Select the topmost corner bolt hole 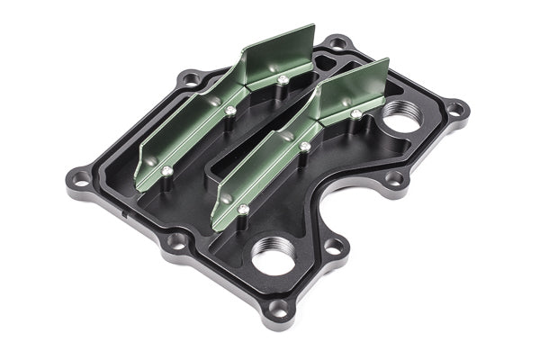(x=336, y=42)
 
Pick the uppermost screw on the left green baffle (x=283, y=80)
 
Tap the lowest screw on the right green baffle (x=243, y=210)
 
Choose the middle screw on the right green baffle (x=305, y=146)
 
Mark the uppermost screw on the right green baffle (x=356, y=114)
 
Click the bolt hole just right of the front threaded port (x=334, y=245)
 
